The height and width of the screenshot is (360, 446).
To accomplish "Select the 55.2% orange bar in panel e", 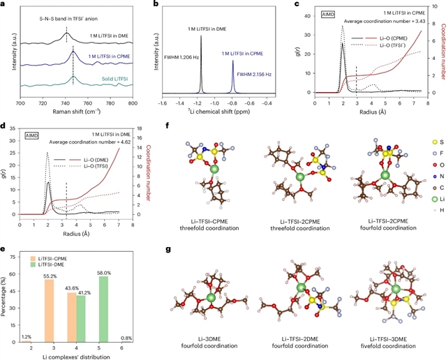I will pos(50,307).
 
